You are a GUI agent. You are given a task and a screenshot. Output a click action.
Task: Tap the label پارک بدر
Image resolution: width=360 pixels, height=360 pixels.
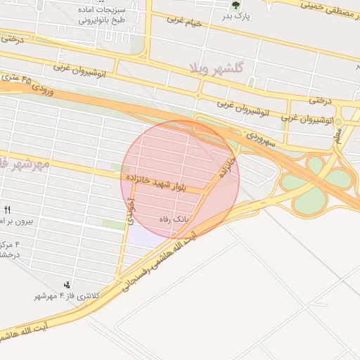pyautogui.click(x=236, y=15)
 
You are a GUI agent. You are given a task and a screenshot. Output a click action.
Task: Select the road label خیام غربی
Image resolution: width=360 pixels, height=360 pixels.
pyautogui.click(x=184, y=22)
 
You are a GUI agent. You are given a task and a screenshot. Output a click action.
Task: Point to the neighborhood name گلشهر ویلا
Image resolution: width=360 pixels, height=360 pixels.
pyautogui.click(x=216, y=68)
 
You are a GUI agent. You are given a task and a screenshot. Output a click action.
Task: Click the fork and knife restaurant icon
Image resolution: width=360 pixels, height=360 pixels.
pyautogui.click(x=8, y=210)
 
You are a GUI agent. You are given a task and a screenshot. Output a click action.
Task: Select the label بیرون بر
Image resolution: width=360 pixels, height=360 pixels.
pyautogui.click(x=21, y=221)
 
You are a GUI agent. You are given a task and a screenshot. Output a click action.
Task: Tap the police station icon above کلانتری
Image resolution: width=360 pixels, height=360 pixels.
pyautogui.click(x=67, y=284)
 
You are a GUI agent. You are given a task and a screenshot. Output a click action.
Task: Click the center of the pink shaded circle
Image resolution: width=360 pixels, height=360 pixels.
pyautogui.click(x=181, y=179)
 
